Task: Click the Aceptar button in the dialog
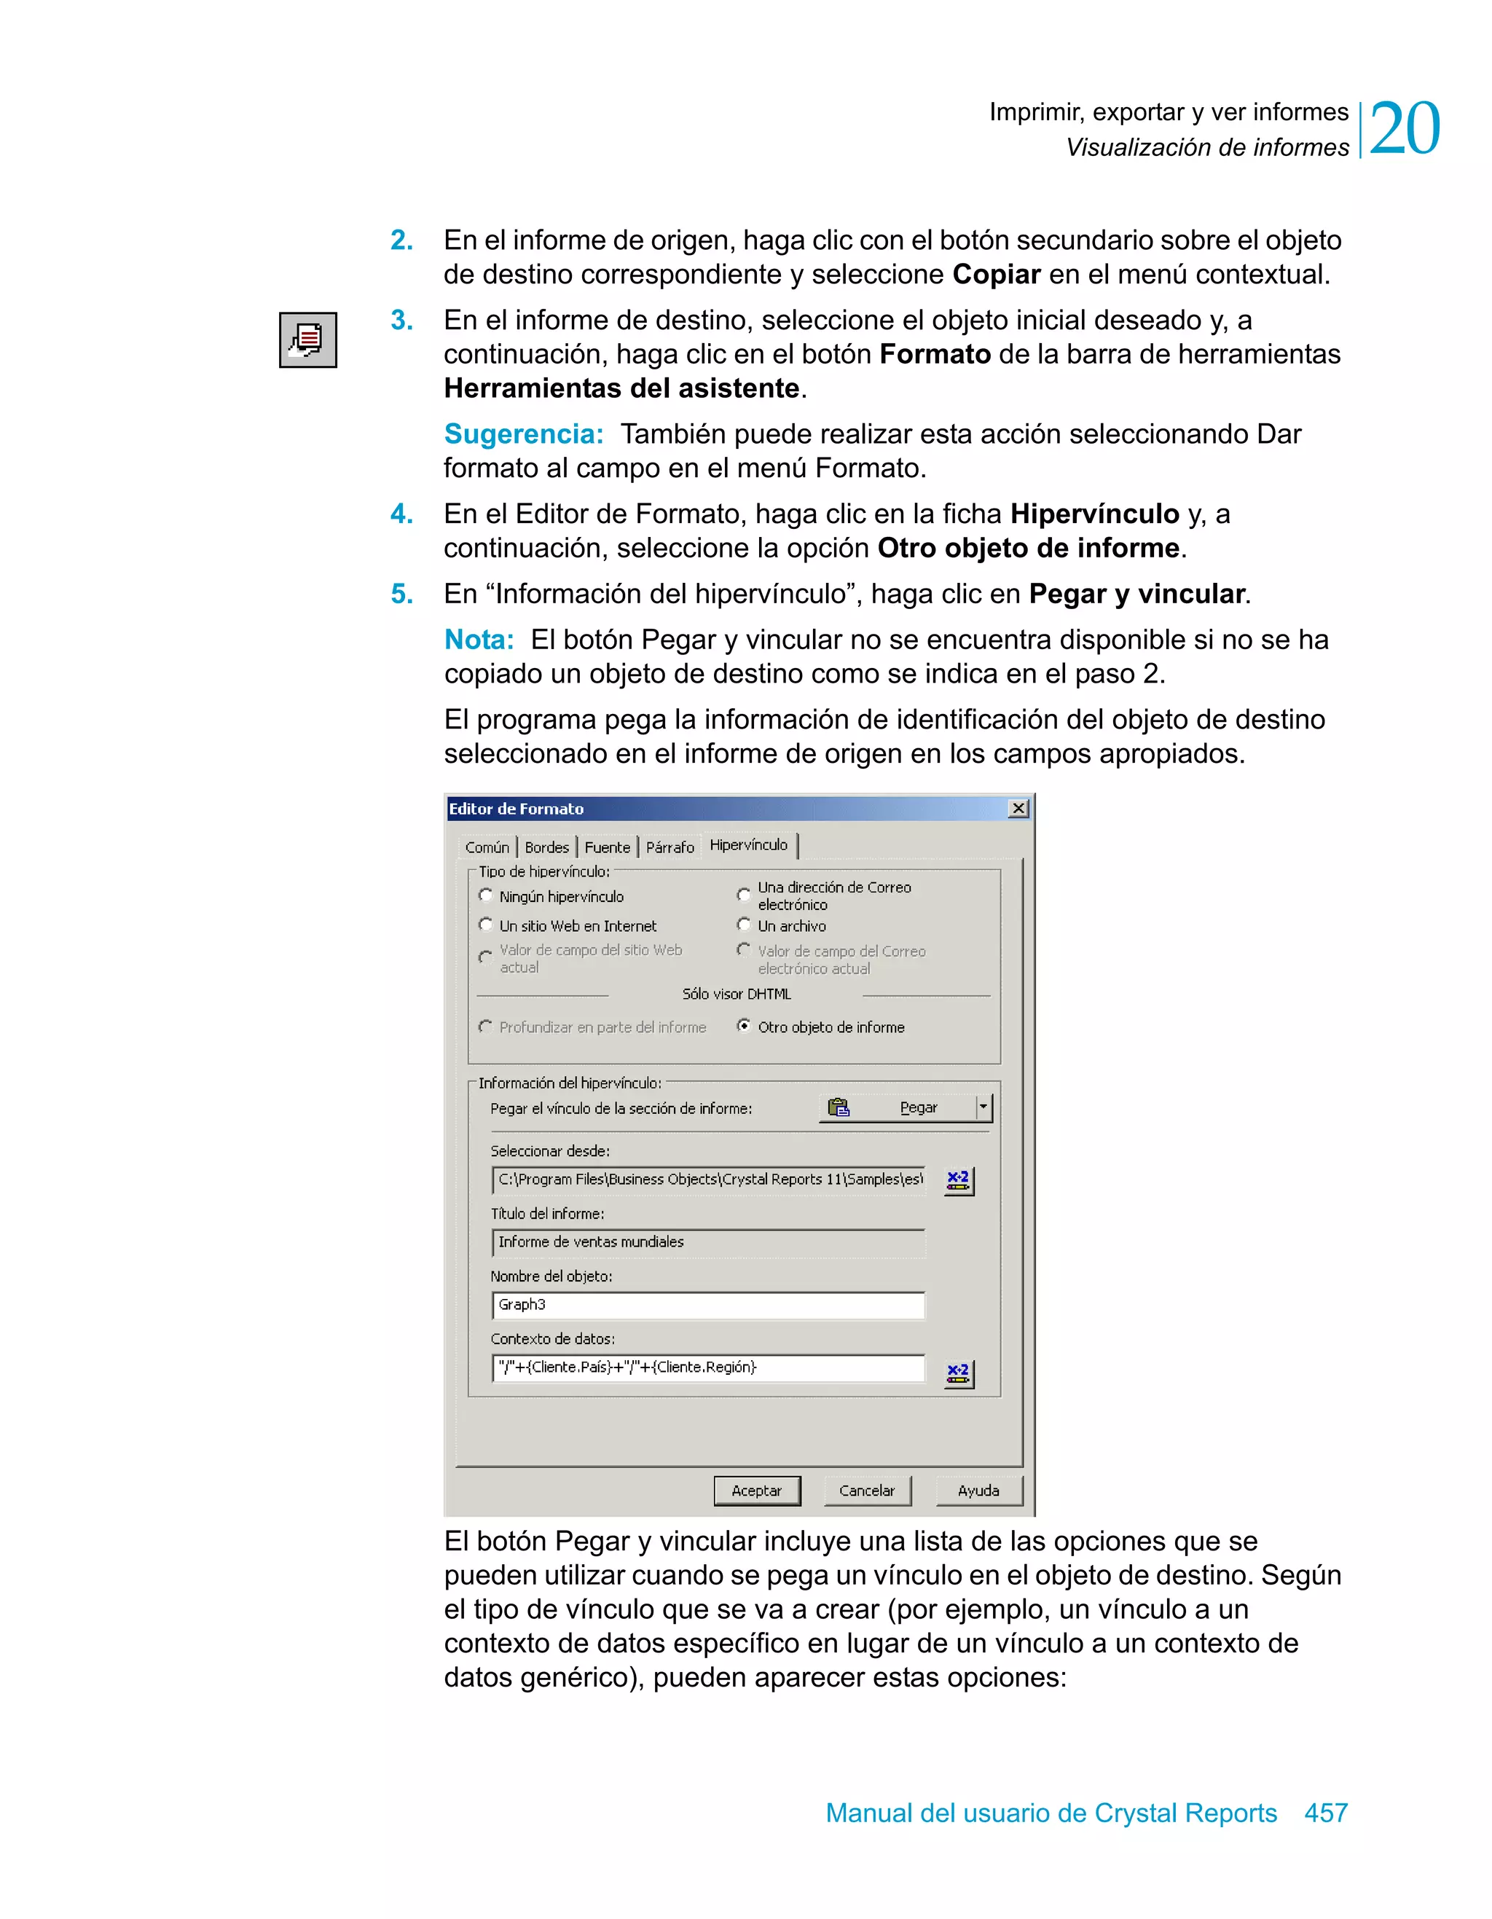pos(756,1490)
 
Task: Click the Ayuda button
pos(978,1490)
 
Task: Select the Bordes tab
pos(546,847)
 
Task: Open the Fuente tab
pos(607,847)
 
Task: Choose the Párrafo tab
pos(670,847)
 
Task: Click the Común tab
pos(487,847)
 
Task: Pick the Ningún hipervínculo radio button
pos(486,895)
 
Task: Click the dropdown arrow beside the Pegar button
pos(983,1107)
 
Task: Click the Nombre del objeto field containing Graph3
pos(707,1305)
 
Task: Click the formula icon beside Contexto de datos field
pos(958,1373)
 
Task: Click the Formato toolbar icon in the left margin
pos(307,340)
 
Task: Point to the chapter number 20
pos(1404,129)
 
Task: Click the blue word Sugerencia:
pos(524,434)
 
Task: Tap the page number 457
pos(1325,1812)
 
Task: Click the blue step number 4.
pos(401,514)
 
